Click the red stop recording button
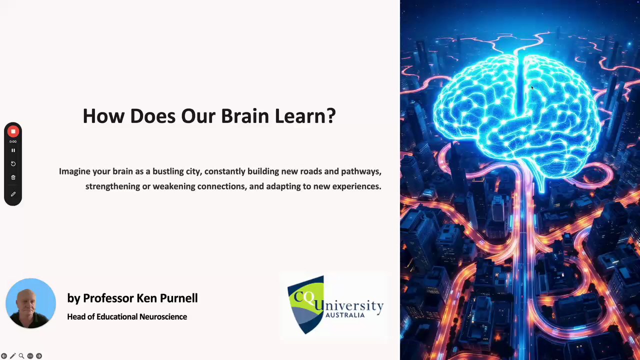(x=13, y=131)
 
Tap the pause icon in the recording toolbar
(x=13, y=150)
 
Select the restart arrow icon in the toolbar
(x=13, y=163)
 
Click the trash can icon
(x=13, y=177)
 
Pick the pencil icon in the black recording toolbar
(x=13, y=194)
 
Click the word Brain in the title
(x=245, y=116)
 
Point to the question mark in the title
(x=331, y=116)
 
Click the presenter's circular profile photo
(x=31, y=303)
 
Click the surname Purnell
(x=178, y=298)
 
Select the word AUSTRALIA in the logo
(x=345, y=315)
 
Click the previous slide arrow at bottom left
(x=4, y=356)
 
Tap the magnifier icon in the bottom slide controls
(x=21, y=356)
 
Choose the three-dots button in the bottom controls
(x=30, y=356)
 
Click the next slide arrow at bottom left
(x=39, y=356)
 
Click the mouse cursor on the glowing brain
(x=532, y=87)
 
